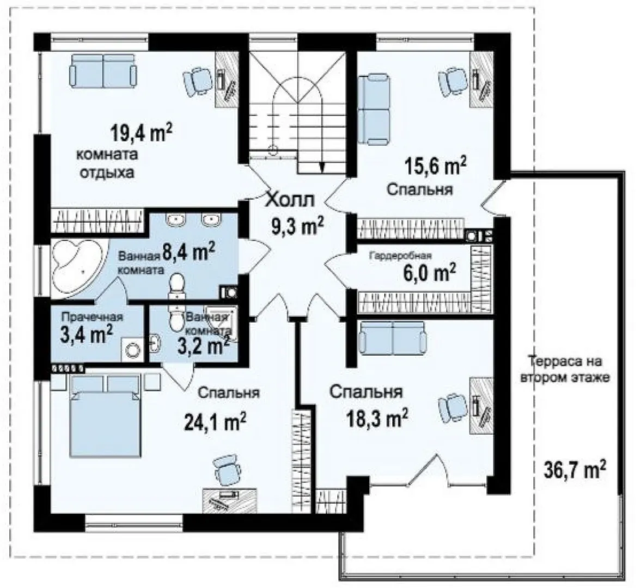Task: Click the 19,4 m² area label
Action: [x=141, y=133]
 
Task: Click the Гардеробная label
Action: [x=400, y=256]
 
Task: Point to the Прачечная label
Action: [x=92, y=317]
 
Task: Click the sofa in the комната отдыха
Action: [x=103, y=71]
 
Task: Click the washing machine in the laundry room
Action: [x=132, y=350]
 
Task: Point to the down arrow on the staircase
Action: [x=322, y=164]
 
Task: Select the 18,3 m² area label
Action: [x=377, y=418]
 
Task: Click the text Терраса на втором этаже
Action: [x=565, y=369]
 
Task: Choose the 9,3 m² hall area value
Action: [x=298, y=225]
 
